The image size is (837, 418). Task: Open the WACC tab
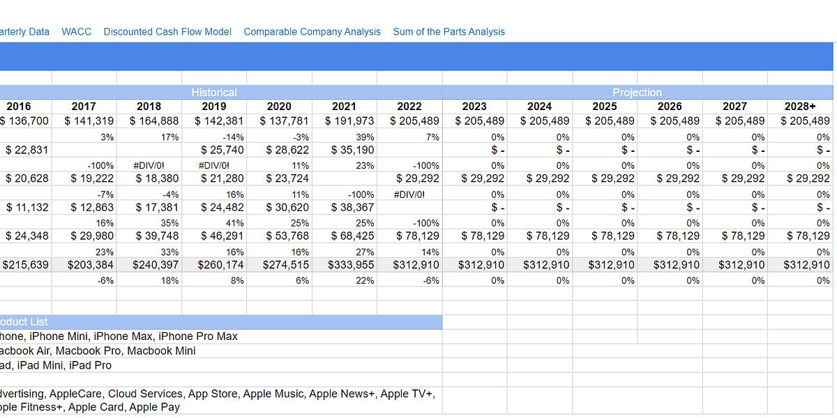point(76,31)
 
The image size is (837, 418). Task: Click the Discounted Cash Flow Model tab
point(167,31)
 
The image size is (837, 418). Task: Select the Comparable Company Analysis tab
point(312,31)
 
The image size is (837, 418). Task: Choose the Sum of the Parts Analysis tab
point(448,31)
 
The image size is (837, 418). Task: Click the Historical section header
point(214,92)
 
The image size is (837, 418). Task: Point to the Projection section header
point(637,92)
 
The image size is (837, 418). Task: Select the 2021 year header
point(344,107)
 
